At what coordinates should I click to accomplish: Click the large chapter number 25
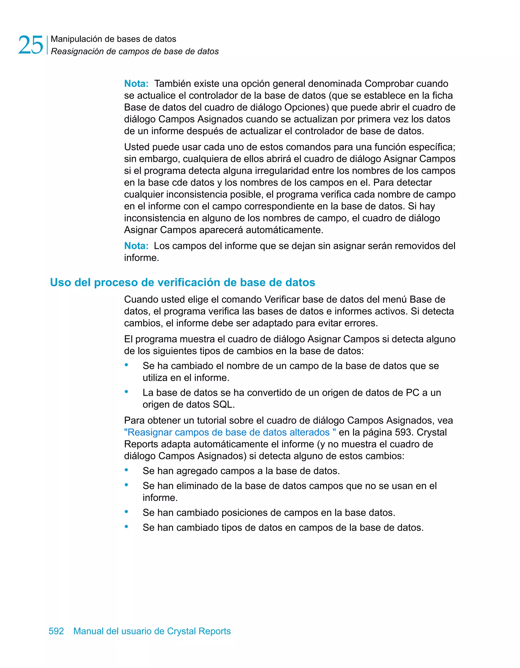pos(31,45)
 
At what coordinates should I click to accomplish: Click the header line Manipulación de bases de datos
pos(113,39)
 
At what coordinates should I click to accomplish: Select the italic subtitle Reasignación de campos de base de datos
pos(135,51)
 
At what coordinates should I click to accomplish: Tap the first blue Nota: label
pos(136,83)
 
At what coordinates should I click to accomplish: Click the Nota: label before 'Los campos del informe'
pos(136,245)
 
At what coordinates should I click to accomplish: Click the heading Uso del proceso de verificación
pos(183,282)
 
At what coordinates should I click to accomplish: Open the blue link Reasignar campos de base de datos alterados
pos(230,432)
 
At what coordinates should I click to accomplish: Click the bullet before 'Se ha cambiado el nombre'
pos(126,365)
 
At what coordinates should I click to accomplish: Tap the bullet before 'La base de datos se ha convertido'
pos(126,392)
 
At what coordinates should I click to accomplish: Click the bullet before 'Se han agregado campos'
pos(126,469)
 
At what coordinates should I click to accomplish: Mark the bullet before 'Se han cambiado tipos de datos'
pos(126,526)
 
